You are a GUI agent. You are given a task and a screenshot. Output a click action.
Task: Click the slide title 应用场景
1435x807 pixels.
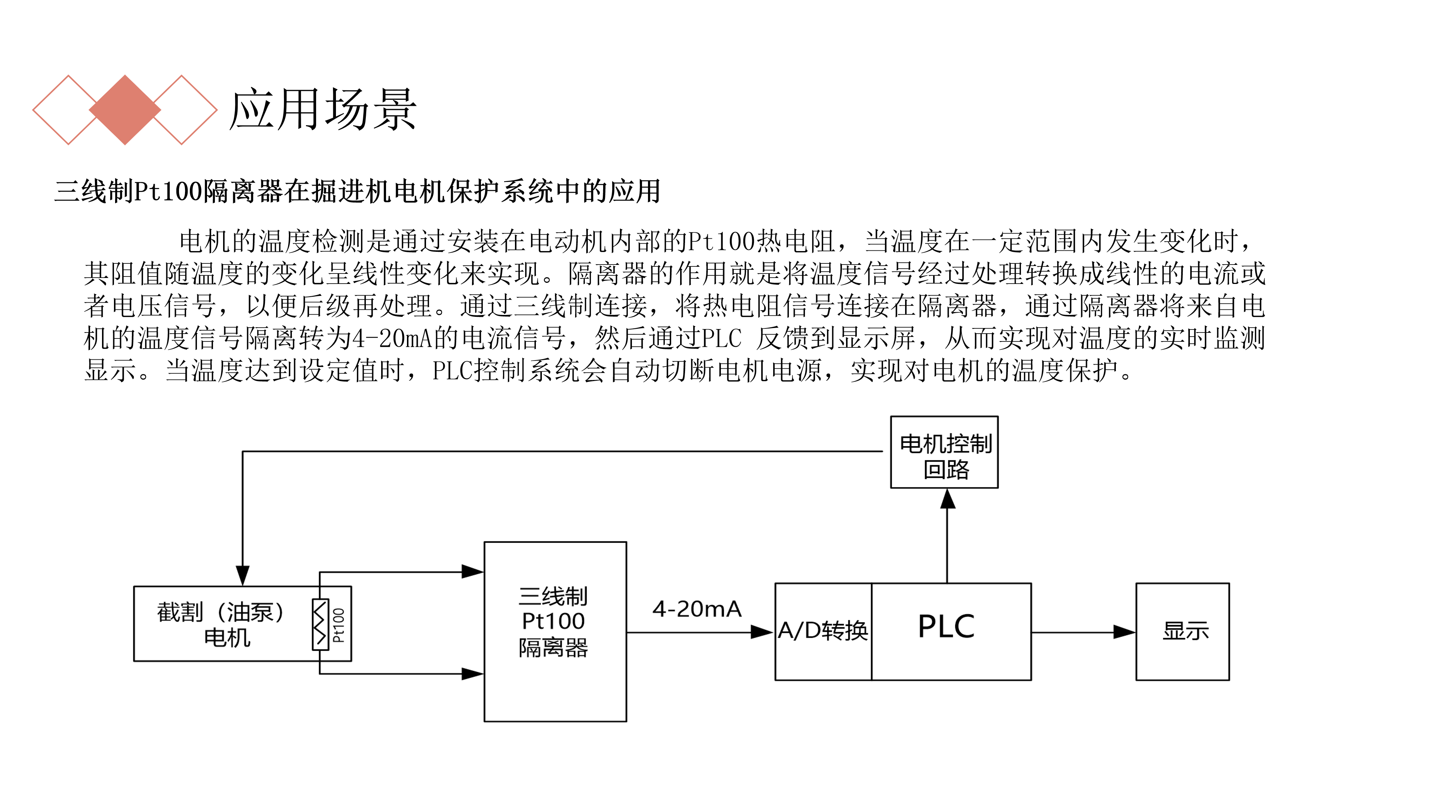[323, 110]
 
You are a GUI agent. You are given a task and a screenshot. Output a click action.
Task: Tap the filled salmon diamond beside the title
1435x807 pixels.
[125, 110]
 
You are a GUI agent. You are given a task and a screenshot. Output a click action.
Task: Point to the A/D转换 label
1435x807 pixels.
[823, 631]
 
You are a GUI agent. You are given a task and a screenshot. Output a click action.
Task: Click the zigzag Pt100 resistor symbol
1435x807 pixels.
[320, 624]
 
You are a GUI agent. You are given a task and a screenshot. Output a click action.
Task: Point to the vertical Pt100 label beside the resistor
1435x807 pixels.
[339, 625]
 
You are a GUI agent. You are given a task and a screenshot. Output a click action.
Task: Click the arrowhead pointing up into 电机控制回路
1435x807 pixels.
[948, 499]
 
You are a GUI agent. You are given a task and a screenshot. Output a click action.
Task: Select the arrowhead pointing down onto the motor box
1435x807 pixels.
[242, 576]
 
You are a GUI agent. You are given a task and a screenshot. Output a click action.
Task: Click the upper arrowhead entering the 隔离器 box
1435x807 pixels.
[472, 571]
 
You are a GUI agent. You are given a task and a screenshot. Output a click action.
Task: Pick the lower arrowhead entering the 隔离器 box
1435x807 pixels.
[472, 674]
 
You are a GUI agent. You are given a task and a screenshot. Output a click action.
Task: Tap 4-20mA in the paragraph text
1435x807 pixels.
[393, 338]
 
